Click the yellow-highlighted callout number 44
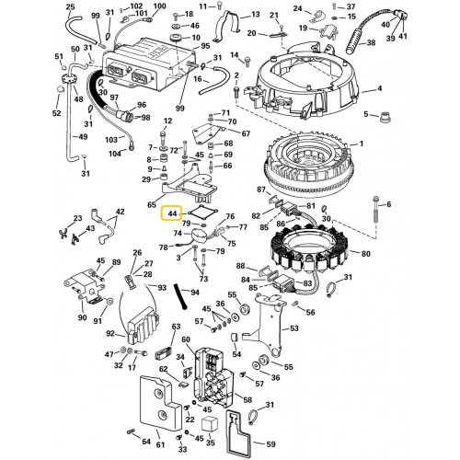(172, 213)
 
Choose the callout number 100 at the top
(159, 6)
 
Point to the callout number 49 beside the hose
(82, 137)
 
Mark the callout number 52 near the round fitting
(55, 114)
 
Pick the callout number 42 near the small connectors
(120, 213)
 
